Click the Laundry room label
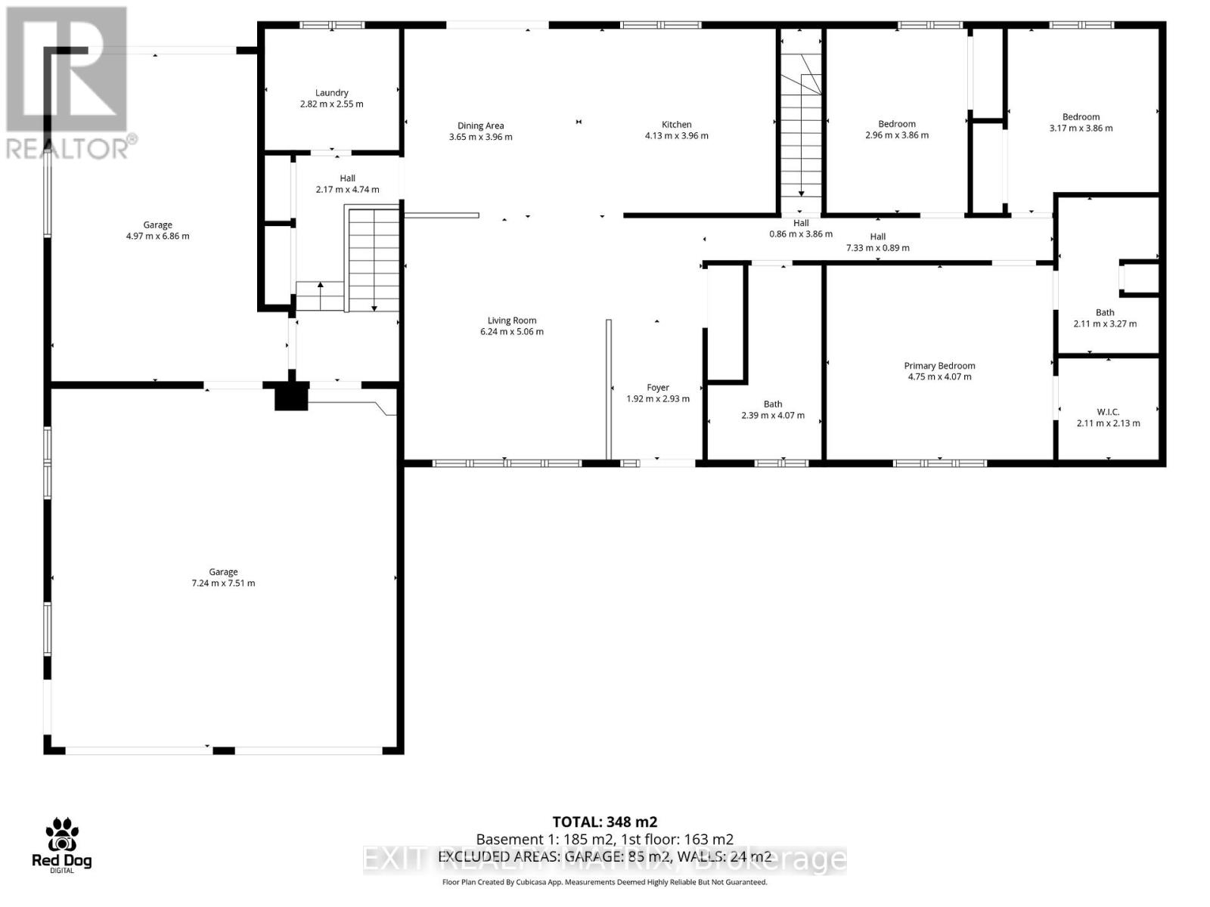pos(331,93)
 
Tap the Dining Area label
pos(480,126)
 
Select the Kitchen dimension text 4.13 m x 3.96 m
pos(676,136)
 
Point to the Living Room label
pos(511,320)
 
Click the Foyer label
pos(657,388)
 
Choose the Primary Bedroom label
pos(939,366)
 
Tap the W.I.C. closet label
pos(1108,412)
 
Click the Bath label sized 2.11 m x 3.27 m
pos(1105,313)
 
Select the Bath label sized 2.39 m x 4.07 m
pos(772,404)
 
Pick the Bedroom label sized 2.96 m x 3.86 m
pos(897,124)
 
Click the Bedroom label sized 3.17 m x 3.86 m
pos(1081,117)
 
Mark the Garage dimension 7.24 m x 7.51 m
pos(223,584)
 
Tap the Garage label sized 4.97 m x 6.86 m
pos(157,225)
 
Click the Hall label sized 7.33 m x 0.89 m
pos(877,237)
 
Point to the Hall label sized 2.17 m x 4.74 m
pos(347,178)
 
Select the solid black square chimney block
pos(291,397)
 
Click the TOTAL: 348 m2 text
pos(604,822)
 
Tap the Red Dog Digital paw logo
pos(61,836)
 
